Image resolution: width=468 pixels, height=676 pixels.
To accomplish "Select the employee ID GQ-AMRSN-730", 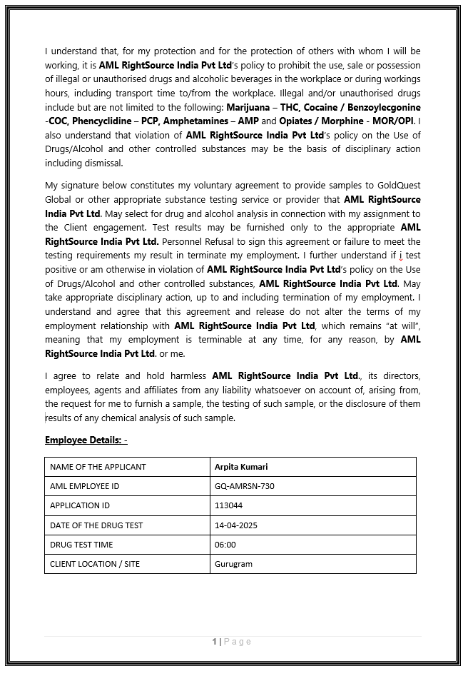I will pos(244,486).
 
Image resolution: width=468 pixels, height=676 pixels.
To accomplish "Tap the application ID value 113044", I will pos(228,505).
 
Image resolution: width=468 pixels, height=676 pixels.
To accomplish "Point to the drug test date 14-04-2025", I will pos(235,525).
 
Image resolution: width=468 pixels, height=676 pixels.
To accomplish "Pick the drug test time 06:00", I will pos(225,545).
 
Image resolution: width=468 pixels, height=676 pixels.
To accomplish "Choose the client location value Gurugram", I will pos(233,564).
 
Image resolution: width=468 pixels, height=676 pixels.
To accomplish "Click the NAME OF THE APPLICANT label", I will pos(98,467).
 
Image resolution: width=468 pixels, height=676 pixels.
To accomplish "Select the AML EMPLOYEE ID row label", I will pos(84,486).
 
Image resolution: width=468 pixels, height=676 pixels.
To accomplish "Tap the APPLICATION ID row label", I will pos(80,505).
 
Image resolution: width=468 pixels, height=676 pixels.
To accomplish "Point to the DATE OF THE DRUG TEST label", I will pos(96,525).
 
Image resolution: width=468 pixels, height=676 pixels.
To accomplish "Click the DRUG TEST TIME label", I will pos(81,545).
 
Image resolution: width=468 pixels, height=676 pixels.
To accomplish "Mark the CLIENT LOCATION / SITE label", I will pos(95,564).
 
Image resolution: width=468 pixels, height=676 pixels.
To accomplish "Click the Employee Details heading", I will pos(86,440).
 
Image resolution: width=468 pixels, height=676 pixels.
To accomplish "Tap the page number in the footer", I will pos(214,642).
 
